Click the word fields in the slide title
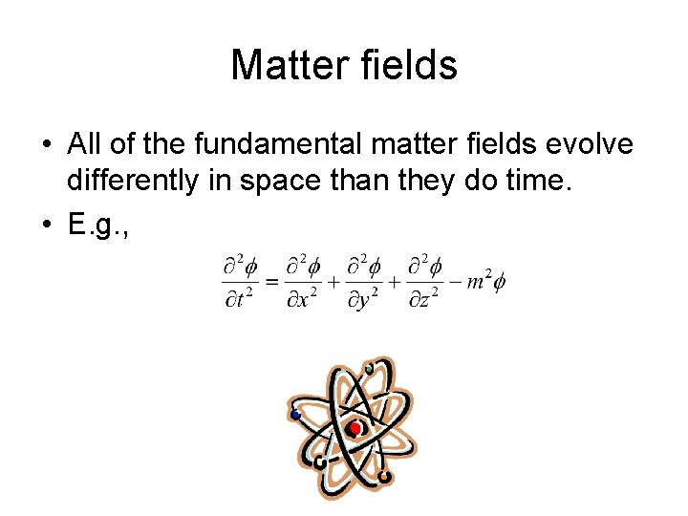pos(410,65)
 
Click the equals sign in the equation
pos(270,282)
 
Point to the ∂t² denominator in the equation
pos(240,299)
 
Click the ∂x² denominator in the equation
pos(304,299)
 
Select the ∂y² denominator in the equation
pos(363,299)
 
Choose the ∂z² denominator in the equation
pos(422,299)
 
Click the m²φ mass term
pos(485,283)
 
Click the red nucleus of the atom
pos(355,429)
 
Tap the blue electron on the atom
pos(297,415)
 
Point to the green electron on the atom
pos(369,368)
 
